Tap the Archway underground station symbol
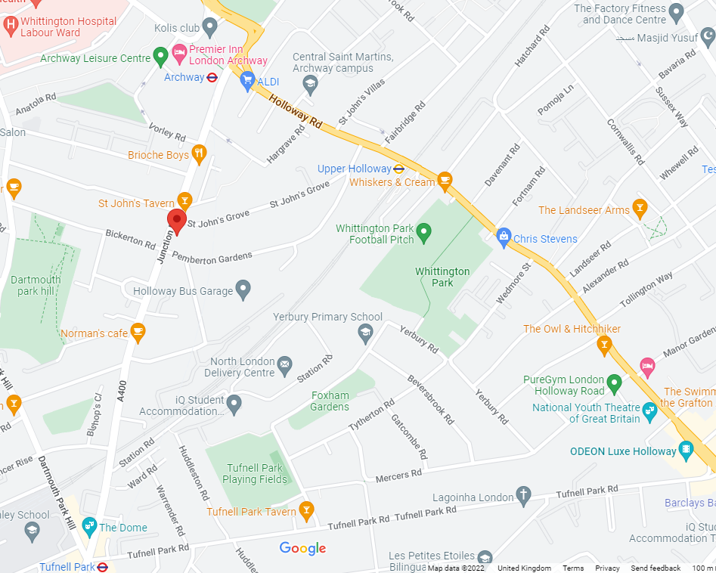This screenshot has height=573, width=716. (212, 77)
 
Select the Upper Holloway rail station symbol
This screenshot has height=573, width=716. (399, 169)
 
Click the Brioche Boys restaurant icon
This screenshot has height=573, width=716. (199, 154)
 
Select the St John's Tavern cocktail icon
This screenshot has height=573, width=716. (184, 200)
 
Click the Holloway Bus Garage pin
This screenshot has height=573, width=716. (243, 288)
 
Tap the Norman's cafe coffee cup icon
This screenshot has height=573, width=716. (137, 330)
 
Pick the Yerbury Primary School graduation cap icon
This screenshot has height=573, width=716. (364, 332)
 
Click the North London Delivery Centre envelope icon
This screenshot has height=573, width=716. (284, 366)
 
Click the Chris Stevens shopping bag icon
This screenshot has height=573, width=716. (504, 237)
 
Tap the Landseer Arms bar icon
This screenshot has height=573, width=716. (640, 208)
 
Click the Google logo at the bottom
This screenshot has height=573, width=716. (302, 549)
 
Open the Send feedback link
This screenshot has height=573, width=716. (656, 568)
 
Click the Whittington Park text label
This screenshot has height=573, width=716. (442, 277)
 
